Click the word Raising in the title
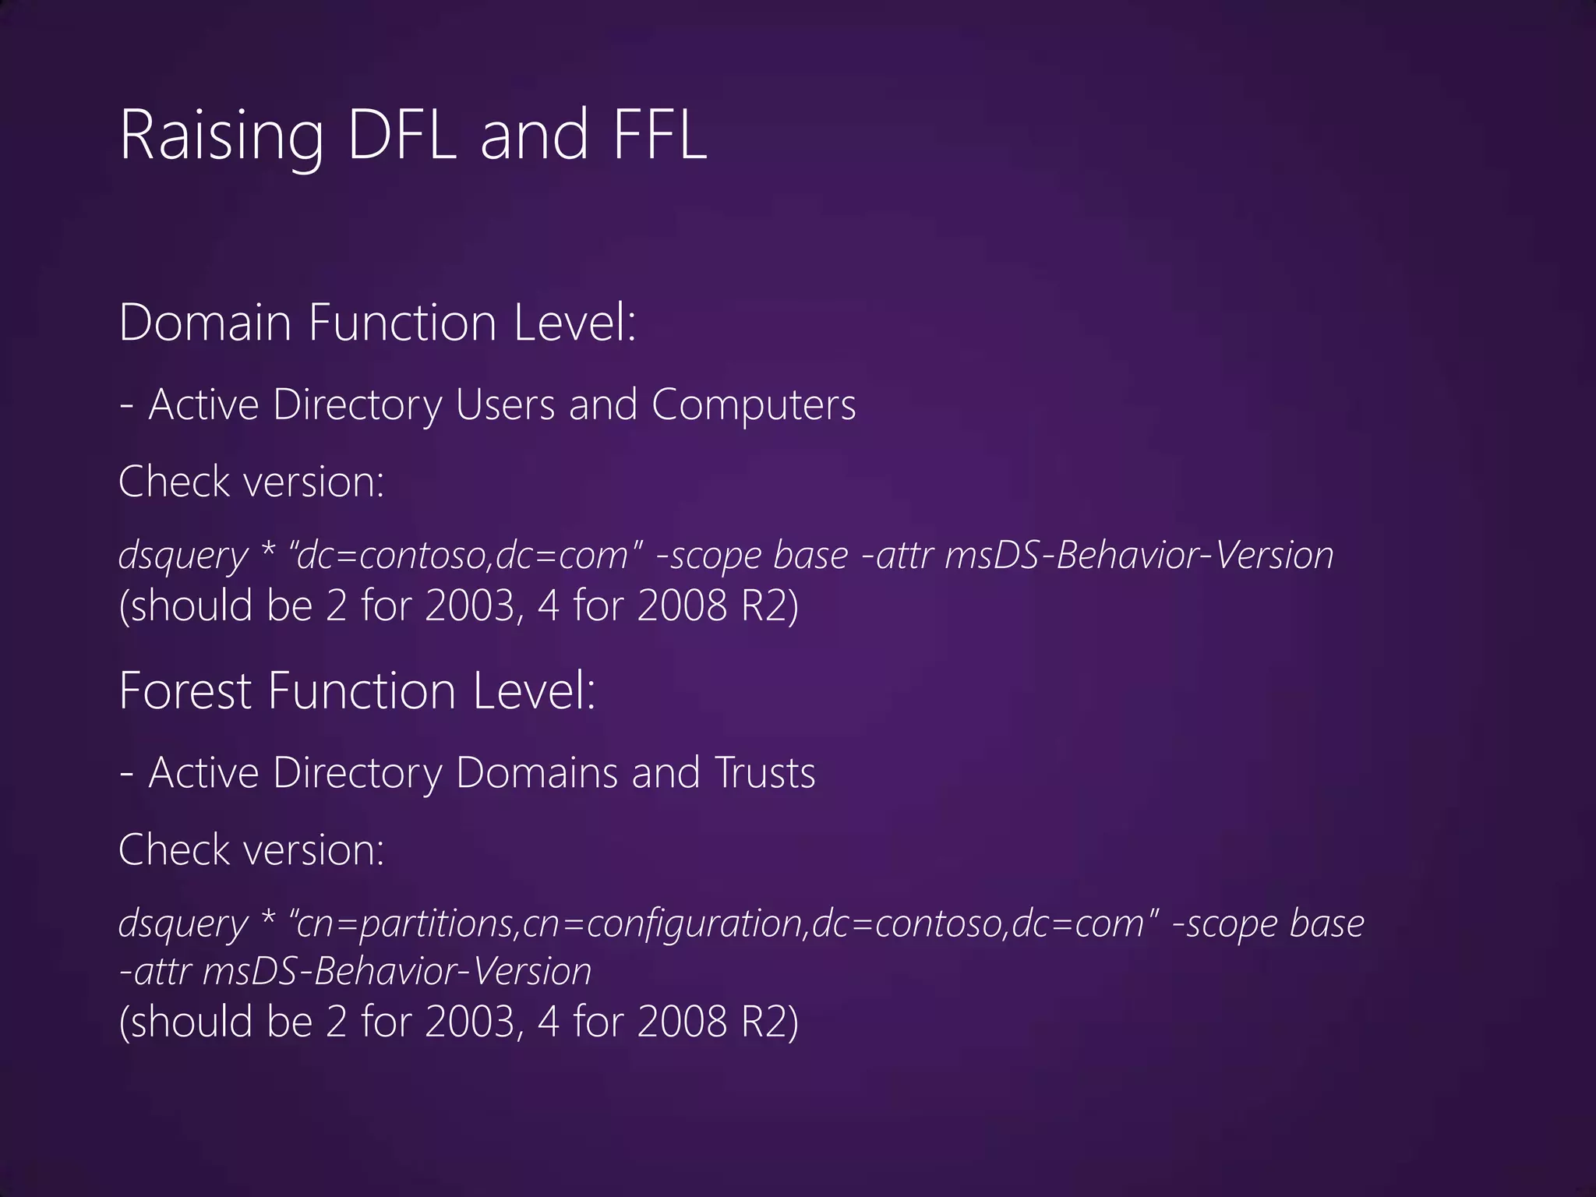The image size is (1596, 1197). point(221,136)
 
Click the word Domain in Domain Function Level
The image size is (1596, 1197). point(205,323)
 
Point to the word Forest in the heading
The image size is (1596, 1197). point(185,691)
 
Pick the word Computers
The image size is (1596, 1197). point(754,405)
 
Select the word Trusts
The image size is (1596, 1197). point(764,773)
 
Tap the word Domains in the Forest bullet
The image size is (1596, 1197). point(537,773)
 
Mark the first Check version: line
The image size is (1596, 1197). point(251,482)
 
